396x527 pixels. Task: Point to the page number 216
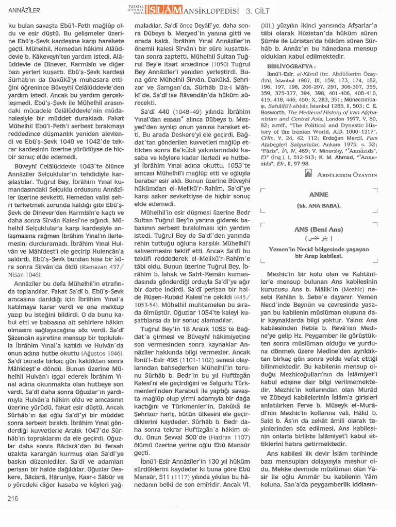13,498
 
